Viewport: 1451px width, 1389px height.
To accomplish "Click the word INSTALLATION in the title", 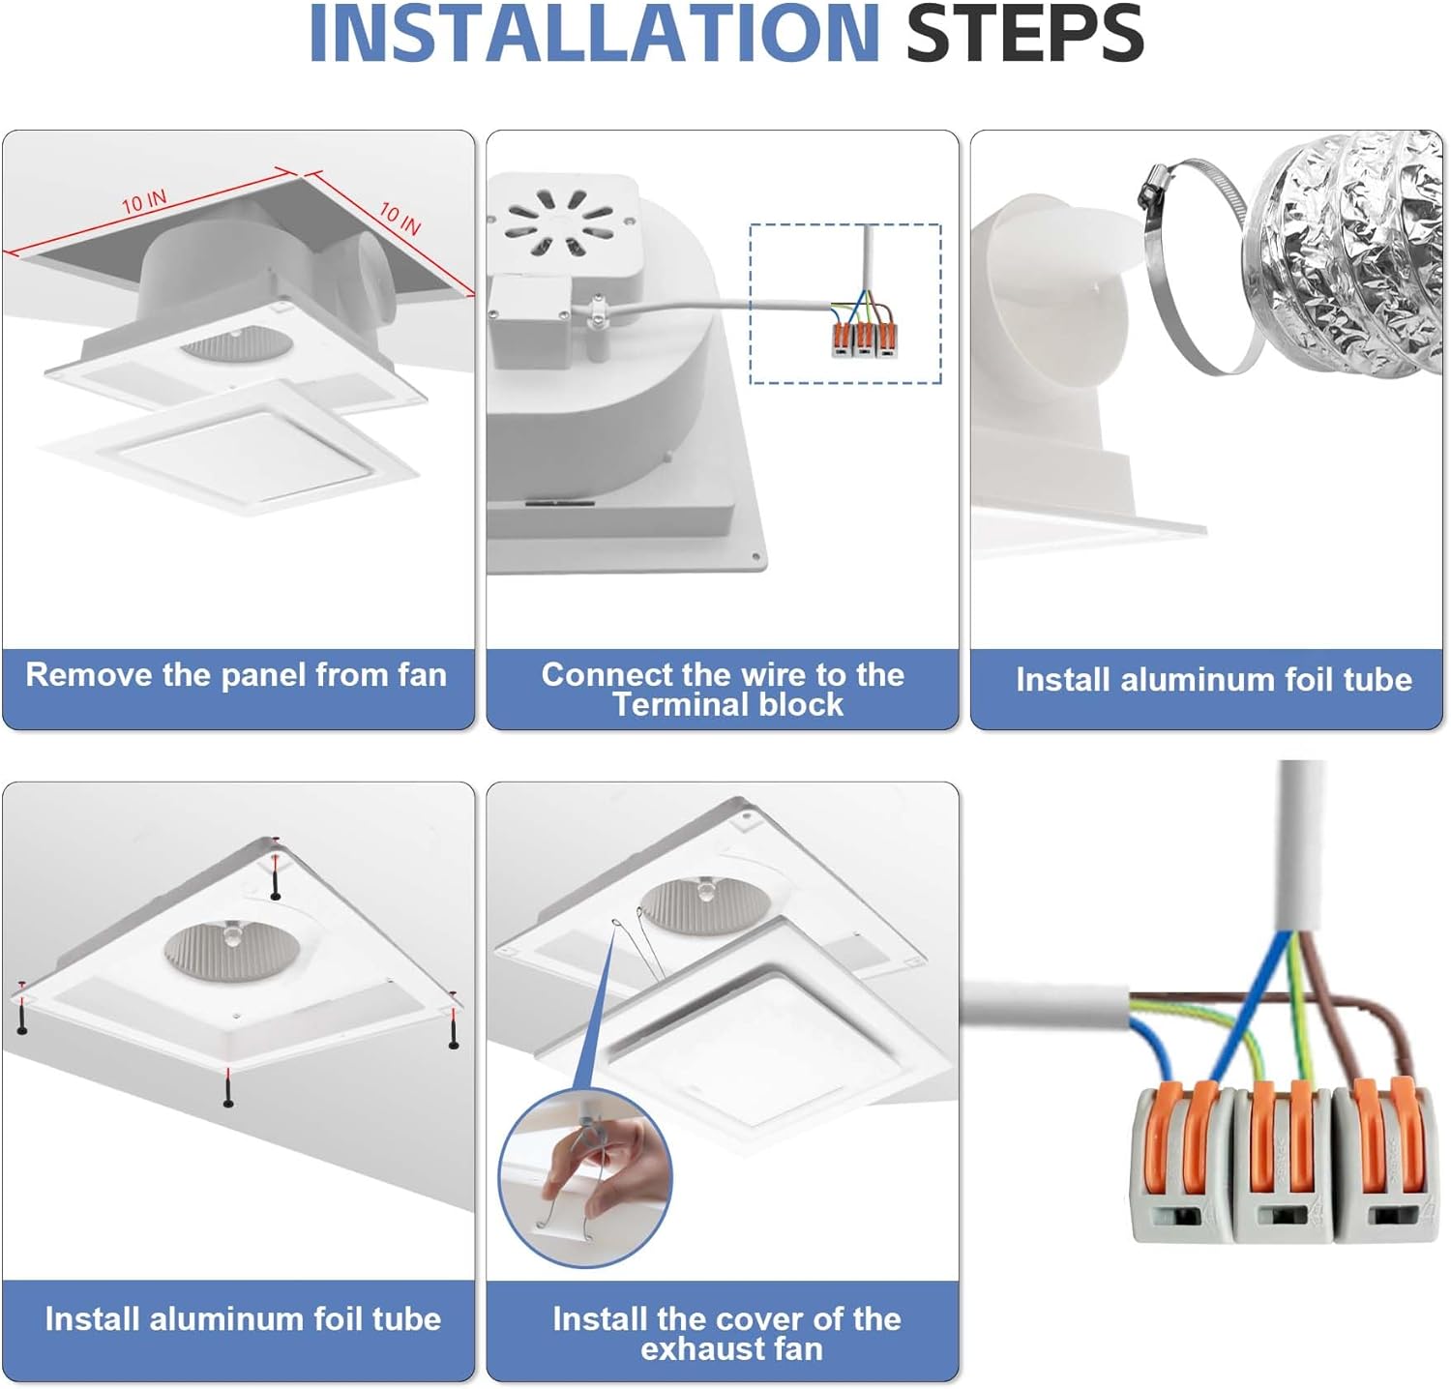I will (593, 35).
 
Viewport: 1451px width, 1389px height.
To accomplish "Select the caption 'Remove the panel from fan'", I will (236, 675).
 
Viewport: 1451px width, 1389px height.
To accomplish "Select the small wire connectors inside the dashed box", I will (863, 339).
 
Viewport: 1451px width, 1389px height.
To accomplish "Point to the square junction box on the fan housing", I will (530, 320).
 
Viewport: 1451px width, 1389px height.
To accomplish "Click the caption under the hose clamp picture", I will (1213, 680).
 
